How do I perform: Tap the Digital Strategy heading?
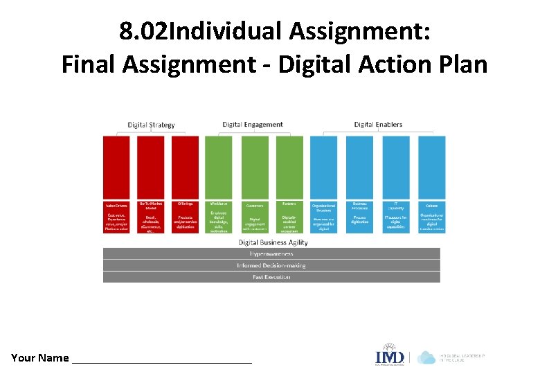(x=151, y=125)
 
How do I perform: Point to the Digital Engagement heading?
(x=253, y=125)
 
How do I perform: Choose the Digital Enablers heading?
(x=378, y=125)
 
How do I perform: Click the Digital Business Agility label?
(x=273, y=242)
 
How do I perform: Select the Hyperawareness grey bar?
(x=271, y=254)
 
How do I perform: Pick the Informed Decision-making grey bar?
(x=271, y=265)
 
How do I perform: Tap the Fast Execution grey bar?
(x=271, y=277)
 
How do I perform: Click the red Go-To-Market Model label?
(x=151, y=205)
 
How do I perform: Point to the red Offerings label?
(x=185, y=204)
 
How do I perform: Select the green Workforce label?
(x=219, y=204)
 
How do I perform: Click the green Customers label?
(x=254, y=206)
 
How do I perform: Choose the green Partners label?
(x=289, y=204)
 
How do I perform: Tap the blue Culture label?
(x=431, y=206)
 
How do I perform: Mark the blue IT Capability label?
(x=396, y=206)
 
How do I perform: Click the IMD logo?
(x=389, y=356)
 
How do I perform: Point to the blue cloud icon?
(x=426, y=357)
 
